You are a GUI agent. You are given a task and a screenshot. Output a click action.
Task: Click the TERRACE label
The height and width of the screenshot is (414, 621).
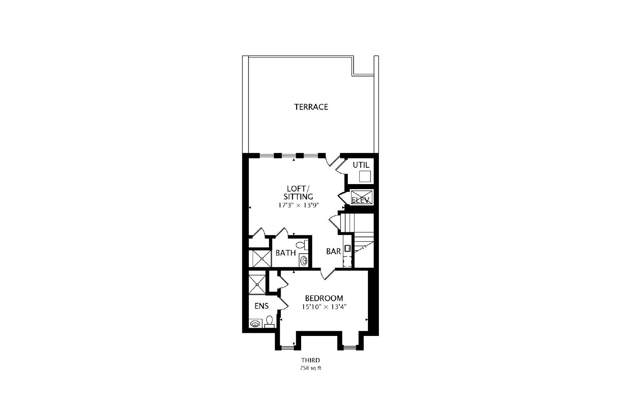pos(311,107)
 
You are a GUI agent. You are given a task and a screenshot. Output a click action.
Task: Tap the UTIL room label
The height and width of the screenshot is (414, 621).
pos(361,165)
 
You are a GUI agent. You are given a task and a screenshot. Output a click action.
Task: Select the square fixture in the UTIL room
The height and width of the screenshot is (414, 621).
pos(365,176)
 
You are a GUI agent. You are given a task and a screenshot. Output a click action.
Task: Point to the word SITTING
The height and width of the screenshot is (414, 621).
pos(298,197)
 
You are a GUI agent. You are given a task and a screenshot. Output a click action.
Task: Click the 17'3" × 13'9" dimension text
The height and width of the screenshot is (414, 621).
pos(298,205)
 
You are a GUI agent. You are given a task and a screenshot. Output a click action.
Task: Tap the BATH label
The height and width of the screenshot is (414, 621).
pos(286,253)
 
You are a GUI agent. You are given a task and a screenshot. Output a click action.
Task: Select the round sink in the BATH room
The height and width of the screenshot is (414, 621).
pos(304,261)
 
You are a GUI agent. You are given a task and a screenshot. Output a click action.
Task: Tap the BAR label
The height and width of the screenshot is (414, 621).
pos(333,251)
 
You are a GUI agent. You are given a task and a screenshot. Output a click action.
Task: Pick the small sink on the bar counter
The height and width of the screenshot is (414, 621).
pos(347,248)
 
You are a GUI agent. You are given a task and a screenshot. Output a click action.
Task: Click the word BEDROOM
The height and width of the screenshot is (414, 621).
pos(324,298)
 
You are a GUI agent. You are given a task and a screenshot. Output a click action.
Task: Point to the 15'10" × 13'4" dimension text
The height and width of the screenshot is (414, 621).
pos(324,307)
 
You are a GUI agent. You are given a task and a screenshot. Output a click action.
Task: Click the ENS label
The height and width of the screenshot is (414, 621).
pos(262,306)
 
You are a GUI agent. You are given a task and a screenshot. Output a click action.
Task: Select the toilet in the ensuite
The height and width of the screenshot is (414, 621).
pos(269,322)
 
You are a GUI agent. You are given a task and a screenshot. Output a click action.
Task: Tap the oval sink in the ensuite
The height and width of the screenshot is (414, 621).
pos(255,323)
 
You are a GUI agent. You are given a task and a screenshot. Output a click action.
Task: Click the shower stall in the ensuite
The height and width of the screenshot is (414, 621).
pos(257,284)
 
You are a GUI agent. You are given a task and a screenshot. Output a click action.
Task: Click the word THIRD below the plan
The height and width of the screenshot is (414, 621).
pos(310,360)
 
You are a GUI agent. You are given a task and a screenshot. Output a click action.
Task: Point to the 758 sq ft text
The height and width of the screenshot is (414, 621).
pos(310,368)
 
